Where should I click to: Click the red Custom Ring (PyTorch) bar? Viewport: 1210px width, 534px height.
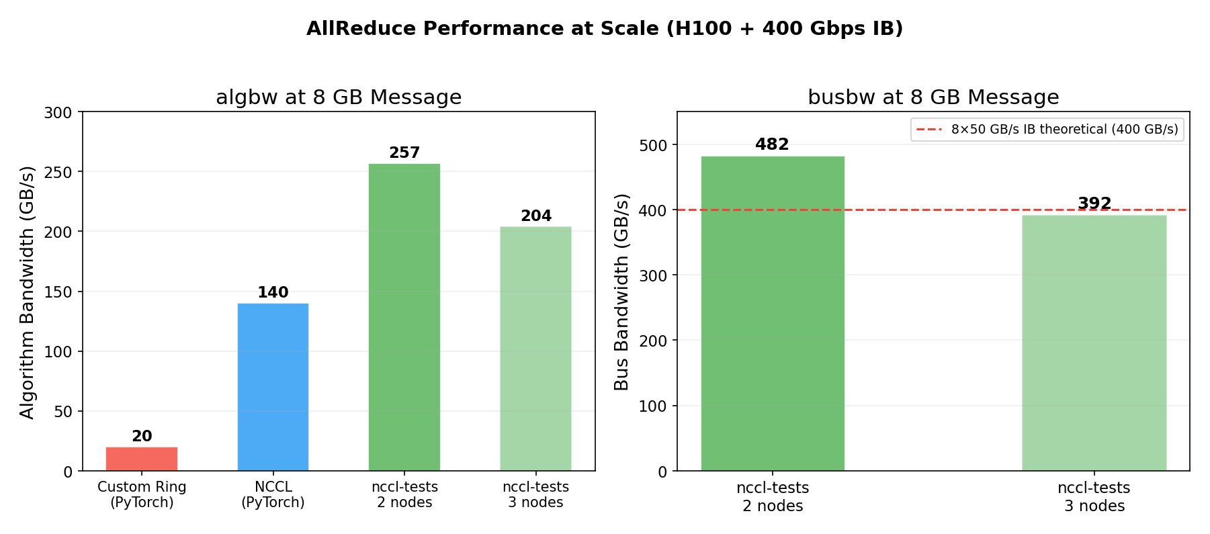(x=142, y=459)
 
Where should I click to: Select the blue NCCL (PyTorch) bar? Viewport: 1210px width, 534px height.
(x=273, y=387)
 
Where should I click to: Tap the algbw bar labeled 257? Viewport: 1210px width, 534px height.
(x=404, y=317)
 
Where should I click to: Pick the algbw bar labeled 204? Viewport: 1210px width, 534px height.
(x=535, y=349)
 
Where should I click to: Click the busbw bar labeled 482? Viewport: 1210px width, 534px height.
(x=773, y=314)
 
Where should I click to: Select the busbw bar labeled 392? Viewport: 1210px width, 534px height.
(x=1094, y=343)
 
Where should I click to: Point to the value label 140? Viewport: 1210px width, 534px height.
(x=273, y=293)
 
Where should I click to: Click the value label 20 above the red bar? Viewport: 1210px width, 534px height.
(x=142, y=437)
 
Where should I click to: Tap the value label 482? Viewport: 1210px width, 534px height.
(x=772, y=144)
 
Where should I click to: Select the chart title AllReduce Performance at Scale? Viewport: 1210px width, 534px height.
(x=605, y=29)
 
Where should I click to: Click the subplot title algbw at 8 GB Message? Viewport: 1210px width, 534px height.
(x=339, y=97)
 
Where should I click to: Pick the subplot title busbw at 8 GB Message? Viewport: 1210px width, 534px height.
(x=933, y=97)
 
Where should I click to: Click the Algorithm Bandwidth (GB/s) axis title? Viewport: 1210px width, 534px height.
(x=27, y=292)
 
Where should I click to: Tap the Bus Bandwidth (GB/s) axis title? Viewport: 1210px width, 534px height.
(x=621, y=292)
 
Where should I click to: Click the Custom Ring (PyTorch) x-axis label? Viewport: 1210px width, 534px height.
(x=142, y=495)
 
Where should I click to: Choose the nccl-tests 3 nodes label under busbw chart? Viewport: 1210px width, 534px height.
(x=1094, y=497)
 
